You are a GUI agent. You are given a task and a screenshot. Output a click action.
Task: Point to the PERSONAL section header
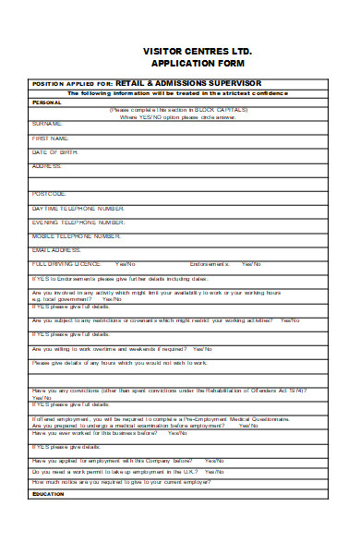tap(47, 102)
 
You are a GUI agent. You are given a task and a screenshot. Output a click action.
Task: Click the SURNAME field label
tap(47, 123)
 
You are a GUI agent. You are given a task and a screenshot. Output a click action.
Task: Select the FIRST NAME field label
tap(50, 138)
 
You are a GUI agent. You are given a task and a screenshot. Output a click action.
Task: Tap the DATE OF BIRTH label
tap(53, 151)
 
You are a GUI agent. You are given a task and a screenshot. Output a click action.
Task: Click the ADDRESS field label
tap(47, 166)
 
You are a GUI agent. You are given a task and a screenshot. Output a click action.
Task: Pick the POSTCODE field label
tap(49, 194)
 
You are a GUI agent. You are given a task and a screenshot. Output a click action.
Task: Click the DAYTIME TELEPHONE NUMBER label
tap(78, 209)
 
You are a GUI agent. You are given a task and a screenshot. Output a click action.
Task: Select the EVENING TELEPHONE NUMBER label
tap(78, 223)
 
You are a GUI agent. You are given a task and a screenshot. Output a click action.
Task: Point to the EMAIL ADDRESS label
tap(56, 250)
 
